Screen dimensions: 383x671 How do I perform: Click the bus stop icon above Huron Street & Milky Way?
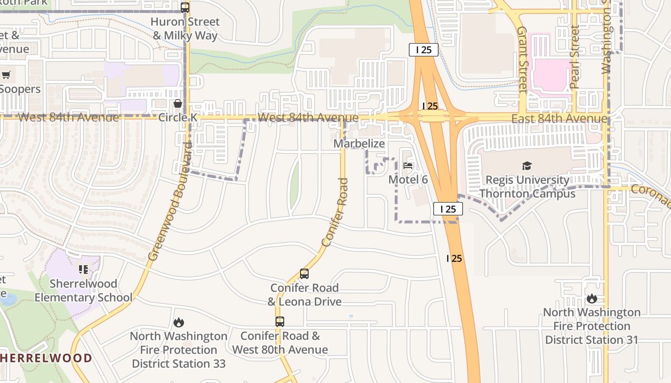pyautogui.click(x=185, y=8)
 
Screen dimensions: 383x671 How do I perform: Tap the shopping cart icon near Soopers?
pyautogui.click(x=6, y=75)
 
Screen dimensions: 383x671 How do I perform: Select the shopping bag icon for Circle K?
pyautogui.click(x=178, y=103)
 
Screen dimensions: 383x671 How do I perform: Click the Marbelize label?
pyautogui.click(x=359, y=144)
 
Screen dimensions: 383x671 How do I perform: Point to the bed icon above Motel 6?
pyautogui.click(x=408, y=166)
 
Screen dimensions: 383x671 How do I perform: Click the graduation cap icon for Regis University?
pyautogui.click(x=527, y=166)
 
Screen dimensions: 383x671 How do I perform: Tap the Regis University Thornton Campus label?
pyautogui.click(x=527, y=187)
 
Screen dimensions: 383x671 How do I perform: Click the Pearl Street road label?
pyautogui.click(x=574, y=57)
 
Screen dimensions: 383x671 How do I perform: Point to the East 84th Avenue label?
pyautogui.click(x=559, y=119)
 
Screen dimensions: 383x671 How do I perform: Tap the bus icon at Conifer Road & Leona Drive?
pyautogui.click(x=304, y=274)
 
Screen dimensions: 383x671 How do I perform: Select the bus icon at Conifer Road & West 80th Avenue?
pyautogui.click(x=280, y=322)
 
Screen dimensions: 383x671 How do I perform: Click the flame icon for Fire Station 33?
pyautogui.click(x=179, y=323)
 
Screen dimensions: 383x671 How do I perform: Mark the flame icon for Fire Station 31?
pyautogui.click(x=592, y=299)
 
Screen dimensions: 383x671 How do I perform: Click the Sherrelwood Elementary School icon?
pyautogui.click(x=84, y=270)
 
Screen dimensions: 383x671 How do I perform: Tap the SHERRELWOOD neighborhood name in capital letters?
pyautogui.click(x=46, y=358)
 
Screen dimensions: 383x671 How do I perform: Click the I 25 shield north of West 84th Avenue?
pyautogui.click(x=424, y=50)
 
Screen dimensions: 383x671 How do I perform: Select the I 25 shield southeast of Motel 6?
pyautogui.click(x=448, y=209)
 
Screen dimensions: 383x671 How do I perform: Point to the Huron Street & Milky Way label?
pyautogui.click(x=185, y=29)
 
